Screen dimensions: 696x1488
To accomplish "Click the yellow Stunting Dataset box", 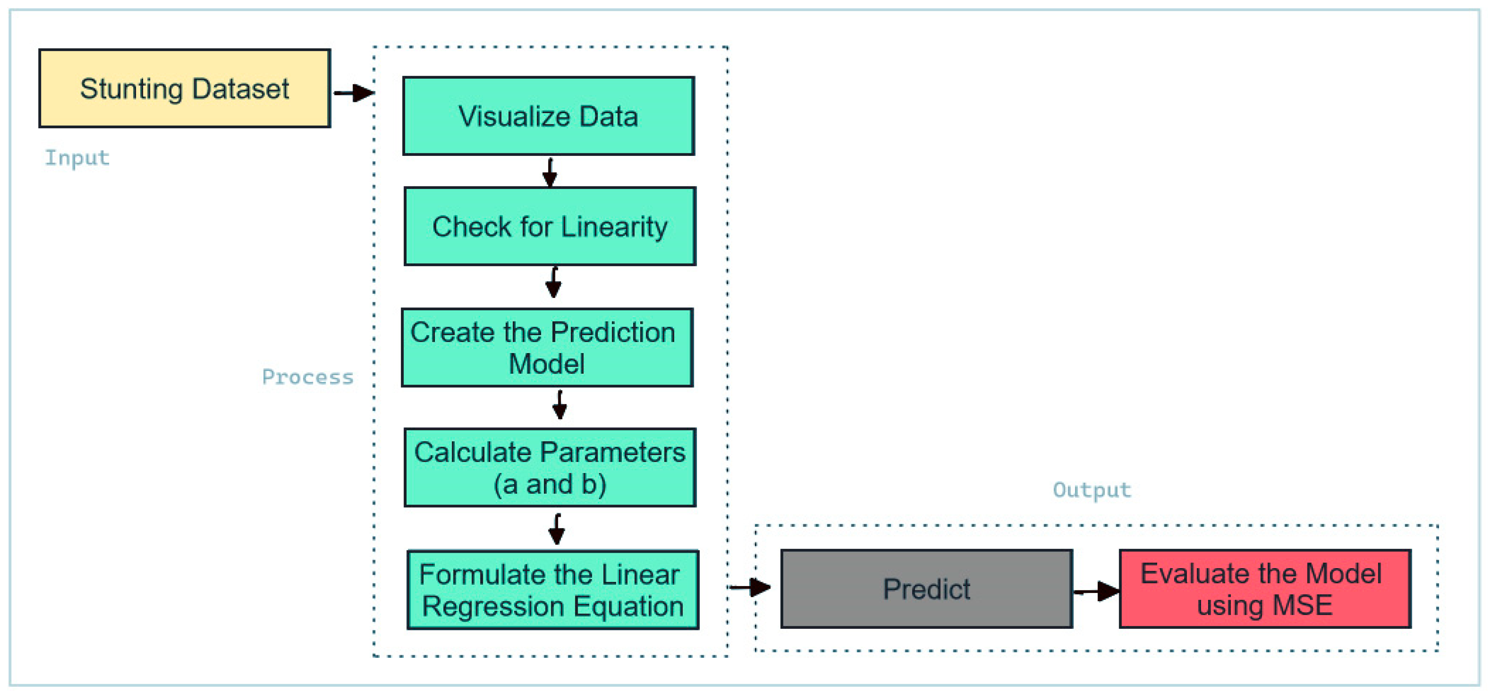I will tap(184, 88).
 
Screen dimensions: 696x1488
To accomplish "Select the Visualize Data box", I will tap(548, 116).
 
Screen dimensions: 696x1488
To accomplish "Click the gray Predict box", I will tap(926, 589).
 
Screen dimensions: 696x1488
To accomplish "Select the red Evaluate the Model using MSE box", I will tap(1264, 589).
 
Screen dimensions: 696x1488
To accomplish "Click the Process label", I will tap(307, 377).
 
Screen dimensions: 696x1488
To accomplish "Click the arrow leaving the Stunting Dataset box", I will tap(353, 93).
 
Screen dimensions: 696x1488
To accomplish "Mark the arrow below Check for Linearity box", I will tap(553, 282).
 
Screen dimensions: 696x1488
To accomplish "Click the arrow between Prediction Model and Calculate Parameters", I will tap(559, 405).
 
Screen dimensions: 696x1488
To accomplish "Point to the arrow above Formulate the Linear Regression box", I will tap(556, 529).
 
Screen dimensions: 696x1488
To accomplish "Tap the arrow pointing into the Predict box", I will tap(750, 587).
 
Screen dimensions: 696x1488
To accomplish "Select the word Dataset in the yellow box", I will tap(240, 89).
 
